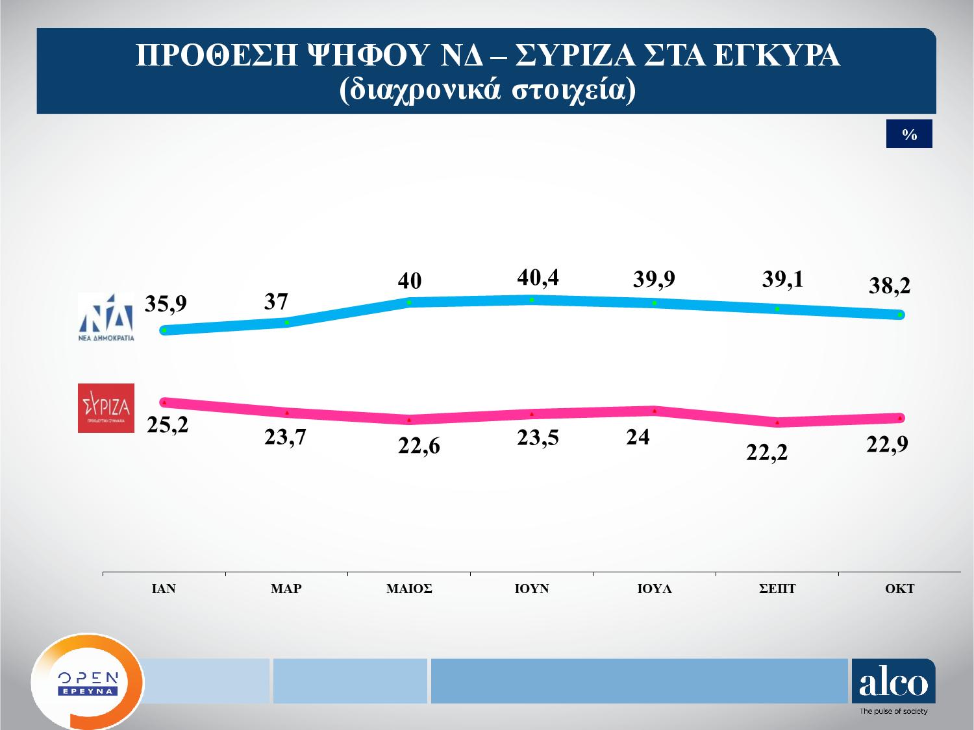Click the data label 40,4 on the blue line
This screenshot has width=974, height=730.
tap(538, 278)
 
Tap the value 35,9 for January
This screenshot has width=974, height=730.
tap(166, 304)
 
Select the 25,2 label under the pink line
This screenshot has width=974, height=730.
tap(167, 426)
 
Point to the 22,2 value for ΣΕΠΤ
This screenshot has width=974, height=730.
tap(767, 452)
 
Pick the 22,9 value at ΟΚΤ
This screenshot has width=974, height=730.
tap(888, 445)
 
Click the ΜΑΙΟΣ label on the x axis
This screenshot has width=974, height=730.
tap(409, 589)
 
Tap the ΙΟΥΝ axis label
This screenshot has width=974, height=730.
tap(532, 589)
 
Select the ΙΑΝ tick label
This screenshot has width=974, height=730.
tap(164, 589)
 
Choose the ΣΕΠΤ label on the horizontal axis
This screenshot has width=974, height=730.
tap(777, 589)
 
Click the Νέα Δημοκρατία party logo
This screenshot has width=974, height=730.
tap(106, 317)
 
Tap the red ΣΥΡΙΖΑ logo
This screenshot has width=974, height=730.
tap(106, 408)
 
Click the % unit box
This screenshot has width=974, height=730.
tap(909, 134)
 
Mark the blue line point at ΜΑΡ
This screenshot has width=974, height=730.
tap(287, 322)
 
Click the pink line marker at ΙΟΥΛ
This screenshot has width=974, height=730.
tap(655, 411)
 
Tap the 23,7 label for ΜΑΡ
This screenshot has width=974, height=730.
tap(285, 438)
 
